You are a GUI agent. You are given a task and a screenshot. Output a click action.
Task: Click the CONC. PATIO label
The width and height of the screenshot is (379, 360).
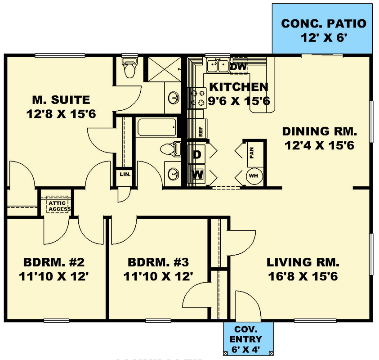coord(323,23)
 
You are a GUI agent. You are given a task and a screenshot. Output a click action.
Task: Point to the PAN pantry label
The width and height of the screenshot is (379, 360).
coord(252,153)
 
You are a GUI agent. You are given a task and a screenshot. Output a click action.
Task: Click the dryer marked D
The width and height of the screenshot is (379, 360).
coord(197,155)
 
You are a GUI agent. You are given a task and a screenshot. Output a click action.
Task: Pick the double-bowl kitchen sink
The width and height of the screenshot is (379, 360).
coord(218,66)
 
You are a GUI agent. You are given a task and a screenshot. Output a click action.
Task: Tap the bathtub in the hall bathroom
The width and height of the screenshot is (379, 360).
coord(156,128)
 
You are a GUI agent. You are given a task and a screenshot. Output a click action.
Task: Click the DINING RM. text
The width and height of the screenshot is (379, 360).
coord(319,131)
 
